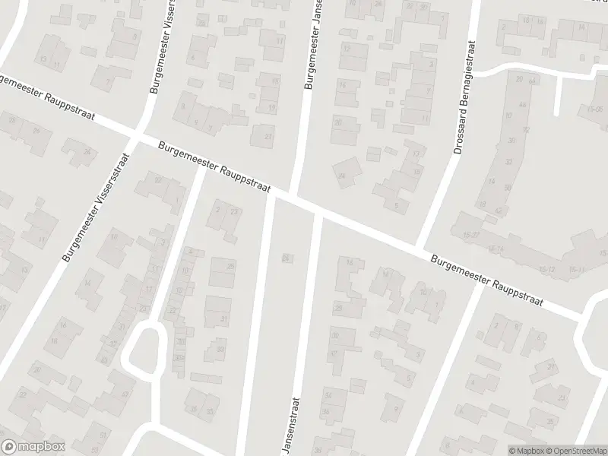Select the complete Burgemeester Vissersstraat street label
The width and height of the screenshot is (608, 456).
(x=97, y=207)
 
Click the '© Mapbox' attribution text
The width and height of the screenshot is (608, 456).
(x=527, y=450)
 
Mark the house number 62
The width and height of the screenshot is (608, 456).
(x=499, y=211)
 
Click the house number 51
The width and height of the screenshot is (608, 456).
(x=103, y=433)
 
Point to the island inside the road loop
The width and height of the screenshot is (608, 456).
(x=144, y=350)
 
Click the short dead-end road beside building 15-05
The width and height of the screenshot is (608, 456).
(x=559, y=95)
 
